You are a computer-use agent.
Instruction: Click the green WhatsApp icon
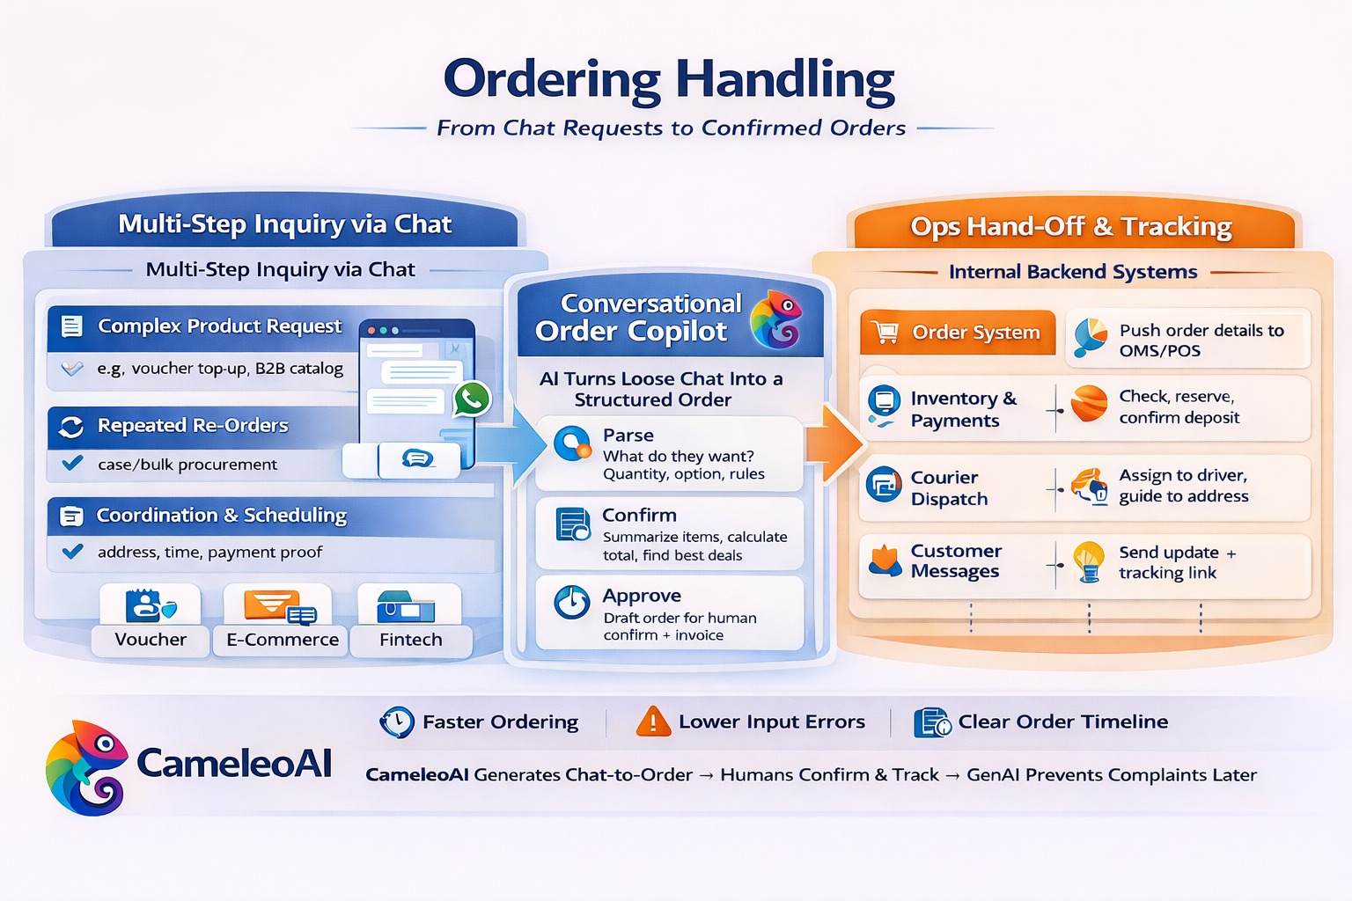472,399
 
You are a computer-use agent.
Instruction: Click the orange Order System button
958,333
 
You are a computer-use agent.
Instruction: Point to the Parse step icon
573,443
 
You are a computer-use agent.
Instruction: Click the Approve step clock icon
572,603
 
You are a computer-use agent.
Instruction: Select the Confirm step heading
639,516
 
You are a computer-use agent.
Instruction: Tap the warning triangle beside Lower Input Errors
652,722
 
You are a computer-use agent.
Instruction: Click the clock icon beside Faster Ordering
397,722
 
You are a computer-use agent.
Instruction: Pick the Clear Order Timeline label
1062,722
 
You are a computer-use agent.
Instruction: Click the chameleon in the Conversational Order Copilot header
776,319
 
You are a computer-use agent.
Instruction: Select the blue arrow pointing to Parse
515,444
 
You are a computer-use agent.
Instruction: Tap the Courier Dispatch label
949,488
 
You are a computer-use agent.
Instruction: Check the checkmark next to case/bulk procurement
73,463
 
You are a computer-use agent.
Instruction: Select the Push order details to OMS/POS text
1201,341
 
